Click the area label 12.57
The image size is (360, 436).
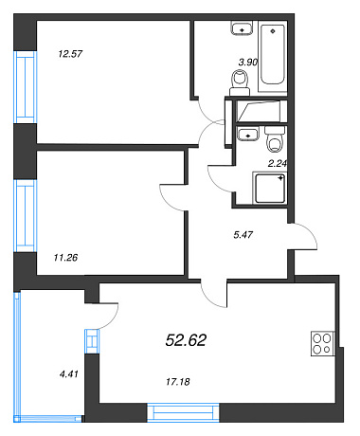pos(70,54)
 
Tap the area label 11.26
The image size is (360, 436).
pos(65,258)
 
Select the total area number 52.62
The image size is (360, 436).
pos(186,340)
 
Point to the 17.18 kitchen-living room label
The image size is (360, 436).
pos(178,382)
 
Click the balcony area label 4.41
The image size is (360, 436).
pos(68,374)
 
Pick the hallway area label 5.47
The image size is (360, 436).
pos(243,235)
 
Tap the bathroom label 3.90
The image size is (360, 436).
pos(248,62)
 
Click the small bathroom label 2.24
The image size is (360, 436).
pos(278,163)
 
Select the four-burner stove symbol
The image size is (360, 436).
pos(322,343)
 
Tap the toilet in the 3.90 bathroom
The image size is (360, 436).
pos(240,82)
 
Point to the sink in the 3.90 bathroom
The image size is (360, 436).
pos(242,27)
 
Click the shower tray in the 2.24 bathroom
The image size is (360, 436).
pos(270,188)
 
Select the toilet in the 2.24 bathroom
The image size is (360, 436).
pos(276,139)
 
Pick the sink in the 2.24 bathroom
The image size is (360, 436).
pos(248,134)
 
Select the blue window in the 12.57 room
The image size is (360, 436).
pos(26,87)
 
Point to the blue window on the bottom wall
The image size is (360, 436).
pos(183,412)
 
